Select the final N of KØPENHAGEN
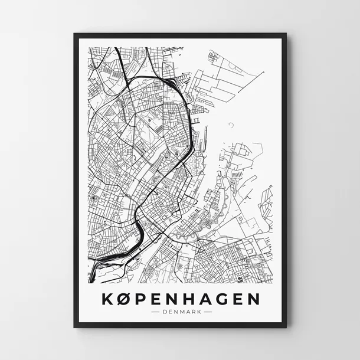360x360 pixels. coord(256,299)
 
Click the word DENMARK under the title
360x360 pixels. coord(180,312)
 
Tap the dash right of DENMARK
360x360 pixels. coord(206,312)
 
